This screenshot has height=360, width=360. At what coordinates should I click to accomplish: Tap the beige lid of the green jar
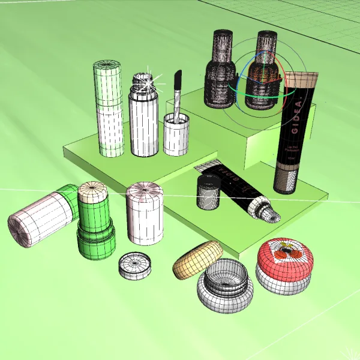[x=94, y=192]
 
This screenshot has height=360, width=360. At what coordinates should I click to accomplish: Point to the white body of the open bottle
[x=143, y=126]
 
